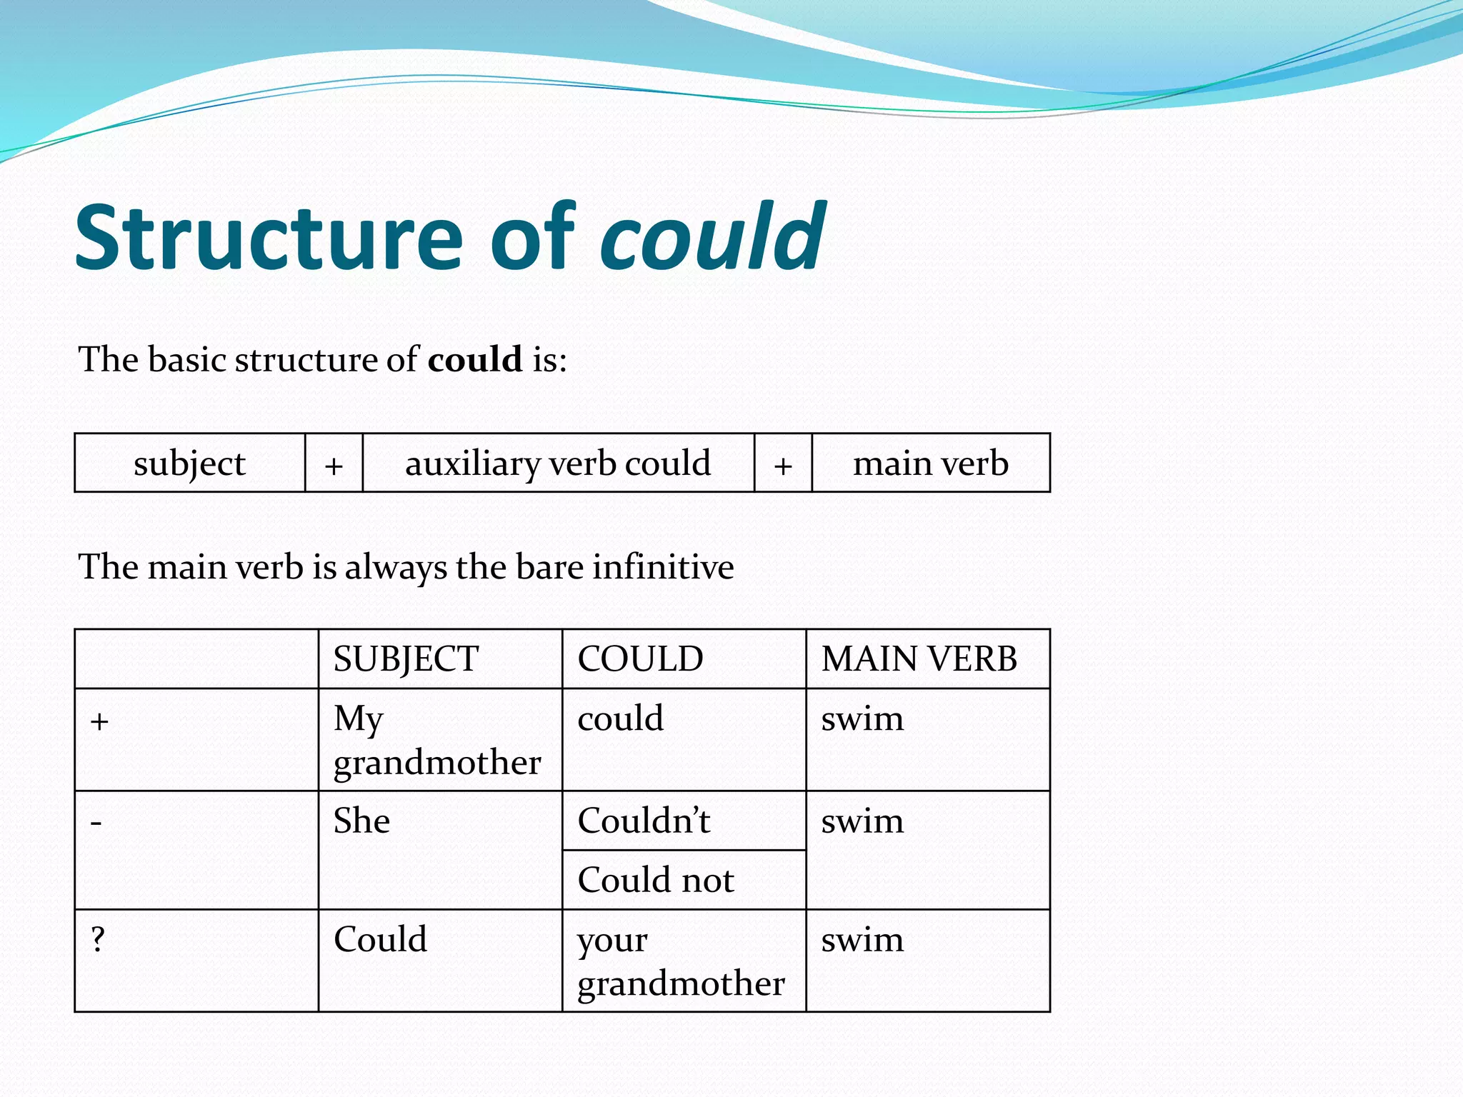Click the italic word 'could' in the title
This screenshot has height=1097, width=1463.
tap(712, 237)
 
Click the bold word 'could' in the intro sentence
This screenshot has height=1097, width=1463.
tap(475, 359)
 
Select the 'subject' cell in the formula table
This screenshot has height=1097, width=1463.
tap(189, 464)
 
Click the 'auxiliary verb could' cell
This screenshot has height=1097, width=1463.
tap(558, 464)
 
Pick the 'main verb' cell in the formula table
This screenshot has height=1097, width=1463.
tap(931, 464)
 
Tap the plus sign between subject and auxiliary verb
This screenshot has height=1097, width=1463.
tap(334, 466)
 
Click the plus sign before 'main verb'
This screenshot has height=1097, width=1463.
tap(783, 466)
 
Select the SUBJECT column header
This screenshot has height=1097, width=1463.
tap(406, 658)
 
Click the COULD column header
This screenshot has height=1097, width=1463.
tap(640, 658)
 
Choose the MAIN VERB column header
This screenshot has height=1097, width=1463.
tap(919, 658)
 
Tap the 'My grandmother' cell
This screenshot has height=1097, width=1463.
tap(437, 740)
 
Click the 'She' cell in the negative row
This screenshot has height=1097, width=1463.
tap(362, 821)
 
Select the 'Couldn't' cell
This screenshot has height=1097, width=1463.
tap(644, 821)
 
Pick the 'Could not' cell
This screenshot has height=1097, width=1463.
tap(656, 880)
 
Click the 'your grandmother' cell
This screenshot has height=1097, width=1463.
tap(681, 961)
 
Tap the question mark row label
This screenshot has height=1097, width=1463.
tap(98, 939)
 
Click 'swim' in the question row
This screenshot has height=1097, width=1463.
tap(862, 939)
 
